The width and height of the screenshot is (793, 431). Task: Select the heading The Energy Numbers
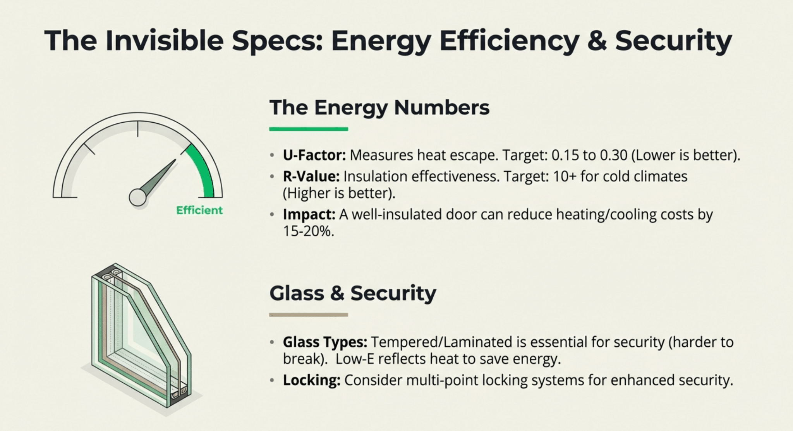coord(379,107)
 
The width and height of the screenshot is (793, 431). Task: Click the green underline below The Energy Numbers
coord(309,129)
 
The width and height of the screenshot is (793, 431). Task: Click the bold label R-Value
coord(311,176)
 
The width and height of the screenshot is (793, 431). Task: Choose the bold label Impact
coord(309,214)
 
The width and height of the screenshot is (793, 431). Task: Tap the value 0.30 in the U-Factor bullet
coord(613,155)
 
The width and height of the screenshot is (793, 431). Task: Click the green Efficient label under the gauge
coord(199,210)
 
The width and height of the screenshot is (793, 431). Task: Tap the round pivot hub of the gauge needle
coord(137,197)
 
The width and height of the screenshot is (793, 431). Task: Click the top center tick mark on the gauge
coord(137,129)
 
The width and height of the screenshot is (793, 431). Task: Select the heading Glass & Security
coord(353,293)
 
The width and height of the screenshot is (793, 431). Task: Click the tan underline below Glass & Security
coord(309,315)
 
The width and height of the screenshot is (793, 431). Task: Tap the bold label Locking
coord(312,380)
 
